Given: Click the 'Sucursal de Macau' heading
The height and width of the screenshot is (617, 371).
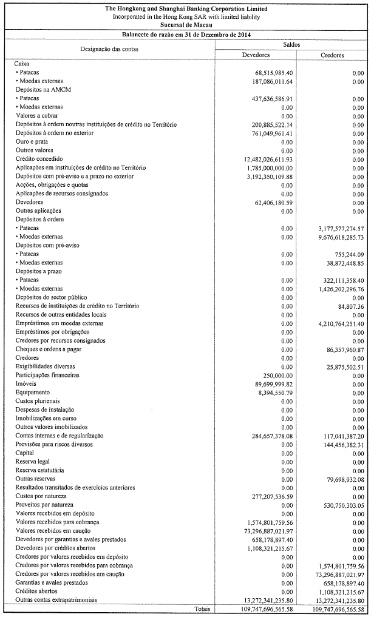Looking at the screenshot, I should [185, 25].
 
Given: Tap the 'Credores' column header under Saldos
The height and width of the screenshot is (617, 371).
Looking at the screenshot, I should [332, 55].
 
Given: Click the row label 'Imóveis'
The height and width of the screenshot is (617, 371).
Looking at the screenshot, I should [25, 384].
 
